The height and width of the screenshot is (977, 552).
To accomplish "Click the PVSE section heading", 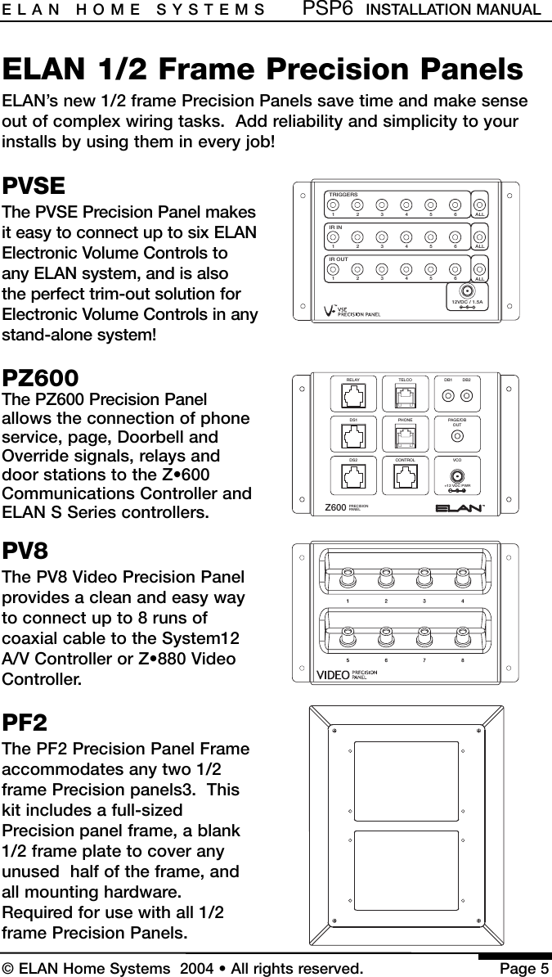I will coord(34,187).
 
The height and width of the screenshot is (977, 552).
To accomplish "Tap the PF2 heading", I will coord(25,723).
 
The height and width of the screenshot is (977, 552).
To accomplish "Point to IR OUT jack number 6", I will coord(455,266).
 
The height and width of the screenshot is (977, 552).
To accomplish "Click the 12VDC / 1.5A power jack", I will coord(466,291).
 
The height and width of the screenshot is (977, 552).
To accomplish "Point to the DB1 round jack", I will coord(448,396).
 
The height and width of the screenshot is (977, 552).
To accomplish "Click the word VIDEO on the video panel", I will coord(332,674).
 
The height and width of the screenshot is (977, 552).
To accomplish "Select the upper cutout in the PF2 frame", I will coord(406,781).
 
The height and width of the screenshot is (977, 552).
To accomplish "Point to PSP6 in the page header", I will coord(328,10).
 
